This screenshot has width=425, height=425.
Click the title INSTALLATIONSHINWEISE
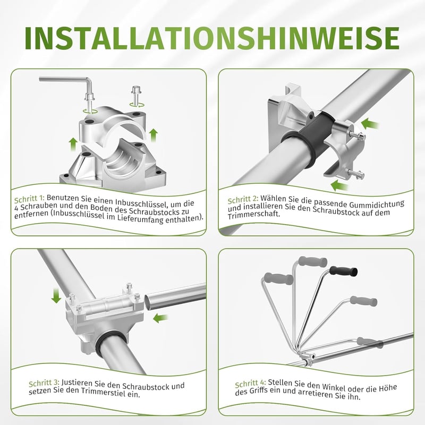click(x=212, y=38)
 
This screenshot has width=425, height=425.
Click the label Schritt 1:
click(x=29, y=199)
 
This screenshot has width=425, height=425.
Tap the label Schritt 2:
click(x=243, y=200)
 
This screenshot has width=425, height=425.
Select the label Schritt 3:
click(x=44, y=383)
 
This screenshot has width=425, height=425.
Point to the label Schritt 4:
click(x=250, y=384)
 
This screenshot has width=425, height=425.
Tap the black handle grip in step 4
click(x=344, y=271)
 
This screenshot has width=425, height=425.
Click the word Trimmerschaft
click(x=253, y=215)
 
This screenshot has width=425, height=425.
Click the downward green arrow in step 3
click(x=56, y=296)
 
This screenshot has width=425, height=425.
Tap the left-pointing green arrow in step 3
click(x=160, y=318)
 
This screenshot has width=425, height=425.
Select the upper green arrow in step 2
click(x=370, y=124)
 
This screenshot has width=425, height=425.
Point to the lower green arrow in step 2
click(x=339, y=185)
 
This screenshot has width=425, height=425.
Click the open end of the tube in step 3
click(x=147, y=302)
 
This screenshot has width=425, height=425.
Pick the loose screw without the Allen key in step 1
click(x=136, y=96)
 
